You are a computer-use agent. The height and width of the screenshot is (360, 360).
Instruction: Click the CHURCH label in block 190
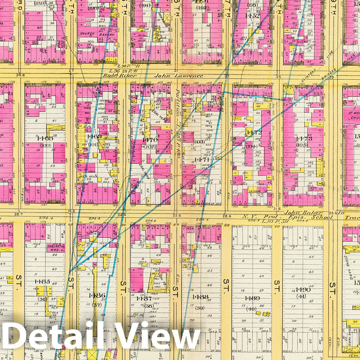coord(87,34)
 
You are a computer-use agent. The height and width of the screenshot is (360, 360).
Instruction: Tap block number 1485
coord(42,281)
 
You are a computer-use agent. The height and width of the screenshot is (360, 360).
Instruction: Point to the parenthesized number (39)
coord(200,308)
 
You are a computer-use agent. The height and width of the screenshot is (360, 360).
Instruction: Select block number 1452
coord(252,15)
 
